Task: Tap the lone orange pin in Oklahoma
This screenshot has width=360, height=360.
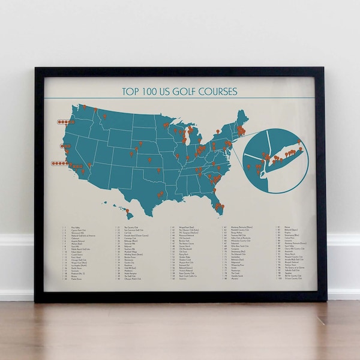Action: point(159,170)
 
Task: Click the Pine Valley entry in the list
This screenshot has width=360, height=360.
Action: point(76,228)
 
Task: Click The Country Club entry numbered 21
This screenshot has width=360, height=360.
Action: point(133,228)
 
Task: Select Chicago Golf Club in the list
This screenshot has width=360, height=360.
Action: point(79,259)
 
